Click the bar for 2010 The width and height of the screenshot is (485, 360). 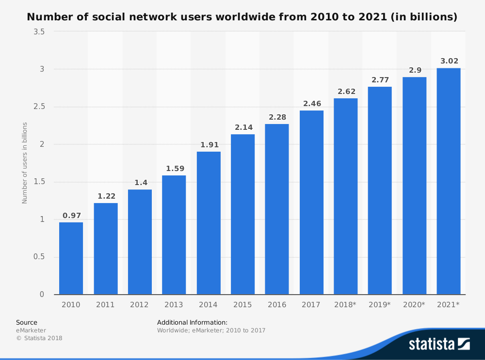(x=71, y=258)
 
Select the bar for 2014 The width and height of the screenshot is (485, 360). (x=209, y=223)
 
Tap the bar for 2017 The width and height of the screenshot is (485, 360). (x=311, y=203)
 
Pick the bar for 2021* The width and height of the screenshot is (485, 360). (x=449, y=181)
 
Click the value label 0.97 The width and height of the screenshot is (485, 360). (x=71, y=216)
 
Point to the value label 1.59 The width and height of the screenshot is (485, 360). (x=174, y=169)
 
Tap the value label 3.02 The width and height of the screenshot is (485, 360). (x=449, y=61)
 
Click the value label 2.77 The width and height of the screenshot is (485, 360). (x=380, y=80)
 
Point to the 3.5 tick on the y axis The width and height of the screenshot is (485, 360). (x=39, y=32)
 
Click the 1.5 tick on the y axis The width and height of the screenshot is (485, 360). (x=39, y=182)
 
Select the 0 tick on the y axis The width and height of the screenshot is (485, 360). (x=42, y=294)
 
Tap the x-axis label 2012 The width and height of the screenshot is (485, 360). (x=140, y=305)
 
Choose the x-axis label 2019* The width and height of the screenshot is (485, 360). (x=380, y=305)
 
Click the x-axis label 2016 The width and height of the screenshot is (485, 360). (x=277, y=305)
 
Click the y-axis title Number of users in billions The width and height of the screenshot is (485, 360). (x=25, y=163)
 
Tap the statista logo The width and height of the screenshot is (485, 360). (x=439, y=344)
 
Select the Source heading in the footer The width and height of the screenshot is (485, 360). (x=26, y=322)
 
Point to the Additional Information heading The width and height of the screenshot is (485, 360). (x=192, y=322)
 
